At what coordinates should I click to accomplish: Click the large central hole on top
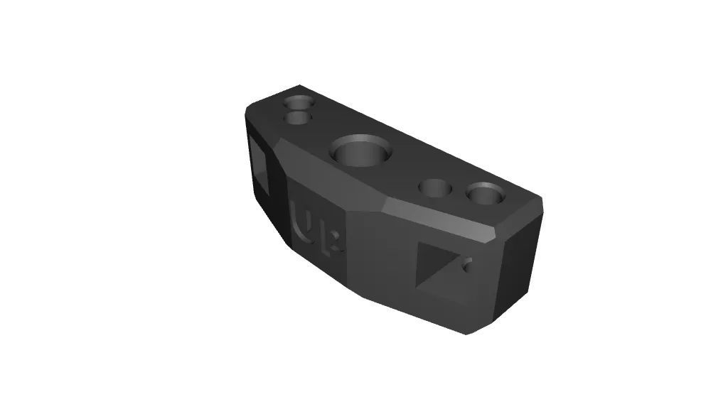point(360,151)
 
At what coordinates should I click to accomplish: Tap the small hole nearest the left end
point(299,101)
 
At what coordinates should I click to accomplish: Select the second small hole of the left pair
point(299,117)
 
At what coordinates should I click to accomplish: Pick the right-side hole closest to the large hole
point(435,189)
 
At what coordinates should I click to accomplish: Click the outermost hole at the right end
point(485,193)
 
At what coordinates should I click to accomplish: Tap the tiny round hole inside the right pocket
point(467,266)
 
